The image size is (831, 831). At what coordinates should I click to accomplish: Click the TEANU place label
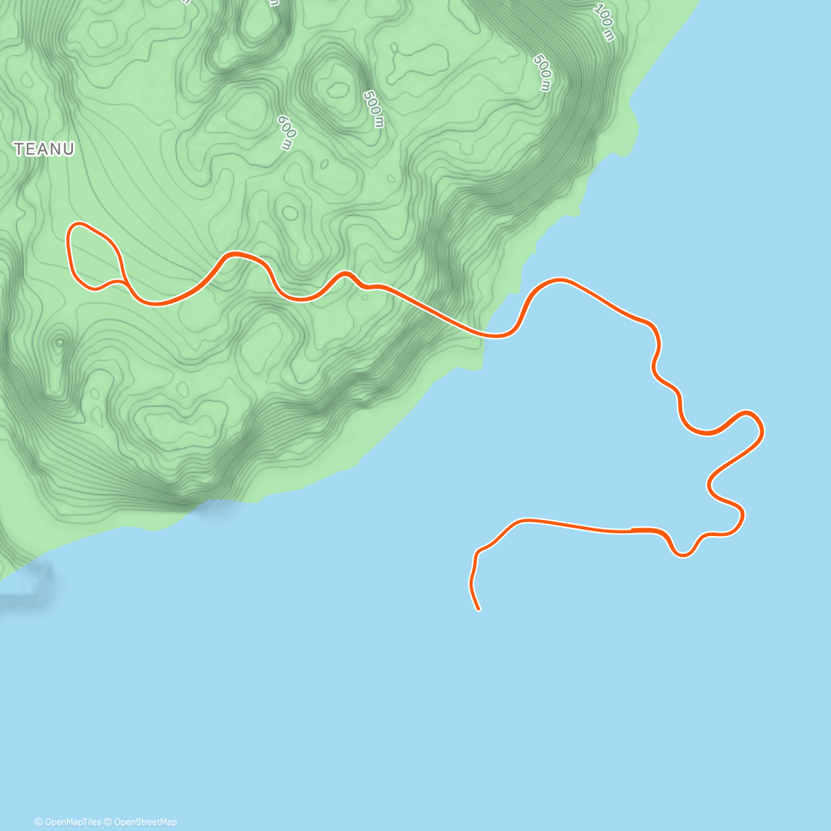(44, 149)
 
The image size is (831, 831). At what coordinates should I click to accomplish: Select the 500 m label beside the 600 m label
(373, 109)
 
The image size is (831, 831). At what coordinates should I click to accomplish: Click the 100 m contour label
(604, 23)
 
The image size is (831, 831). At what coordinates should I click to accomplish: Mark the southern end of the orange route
(479, 609)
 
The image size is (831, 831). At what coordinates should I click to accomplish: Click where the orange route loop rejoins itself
(123, 281)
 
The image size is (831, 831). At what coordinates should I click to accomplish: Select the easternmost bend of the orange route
(762, 431)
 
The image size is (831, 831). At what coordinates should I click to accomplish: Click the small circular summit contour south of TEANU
(59, 341)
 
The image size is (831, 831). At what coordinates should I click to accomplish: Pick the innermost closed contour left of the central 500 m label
(339, 88)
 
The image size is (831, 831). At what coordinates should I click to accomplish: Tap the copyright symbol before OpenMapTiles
(38, 822)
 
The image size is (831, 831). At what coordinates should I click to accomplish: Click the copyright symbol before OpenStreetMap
(107, 822)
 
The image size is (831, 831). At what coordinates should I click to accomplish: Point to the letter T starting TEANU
(19, 149)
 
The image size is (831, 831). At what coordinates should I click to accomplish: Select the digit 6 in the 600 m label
(280, 120)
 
